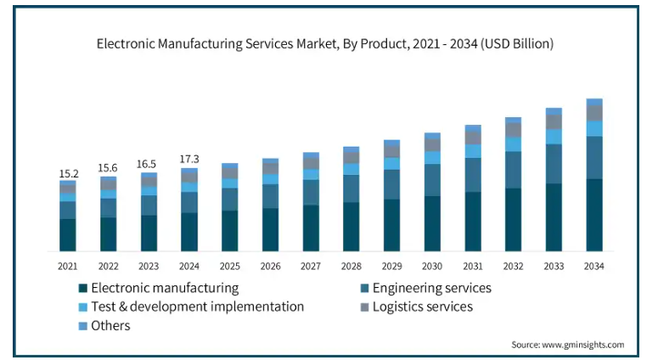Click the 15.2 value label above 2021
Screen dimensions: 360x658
pyautogui.click(x=68, y=174)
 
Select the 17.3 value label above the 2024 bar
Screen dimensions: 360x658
pyautogui.click(x=189, y=160)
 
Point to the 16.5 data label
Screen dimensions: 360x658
pyautogui.click(x=149, y=165)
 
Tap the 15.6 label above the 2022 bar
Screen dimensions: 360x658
pyautogui.click(x=109, y=169)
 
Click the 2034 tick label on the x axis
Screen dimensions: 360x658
pyautogui.click(x=594, y=266)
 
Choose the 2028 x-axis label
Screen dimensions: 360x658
pyautogui.click(x=351, y=266)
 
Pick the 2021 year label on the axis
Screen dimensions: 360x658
pyautogui.click(x=68, y=266)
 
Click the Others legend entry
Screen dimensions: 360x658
pyautogui.click(x=110, y=325)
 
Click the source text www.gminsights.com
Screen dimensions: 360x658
pyautogui.click(x=587, y=345)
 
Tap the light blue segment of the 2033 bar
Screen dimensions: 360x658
pyautogui.click(x=554, y=136)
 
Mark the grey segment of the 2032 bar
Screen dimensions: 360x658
pyautogui.click(x=513, y=130)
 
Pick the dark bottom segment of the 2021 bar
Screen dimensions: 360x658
pyautogui.click(x=68, y=234)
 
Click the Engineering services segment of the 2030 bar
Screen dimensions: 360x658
pyautogui.click(x=432, y=180)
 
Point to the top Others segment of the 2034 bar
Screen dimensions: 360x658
pyautogui.click(x=594, y=102)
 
